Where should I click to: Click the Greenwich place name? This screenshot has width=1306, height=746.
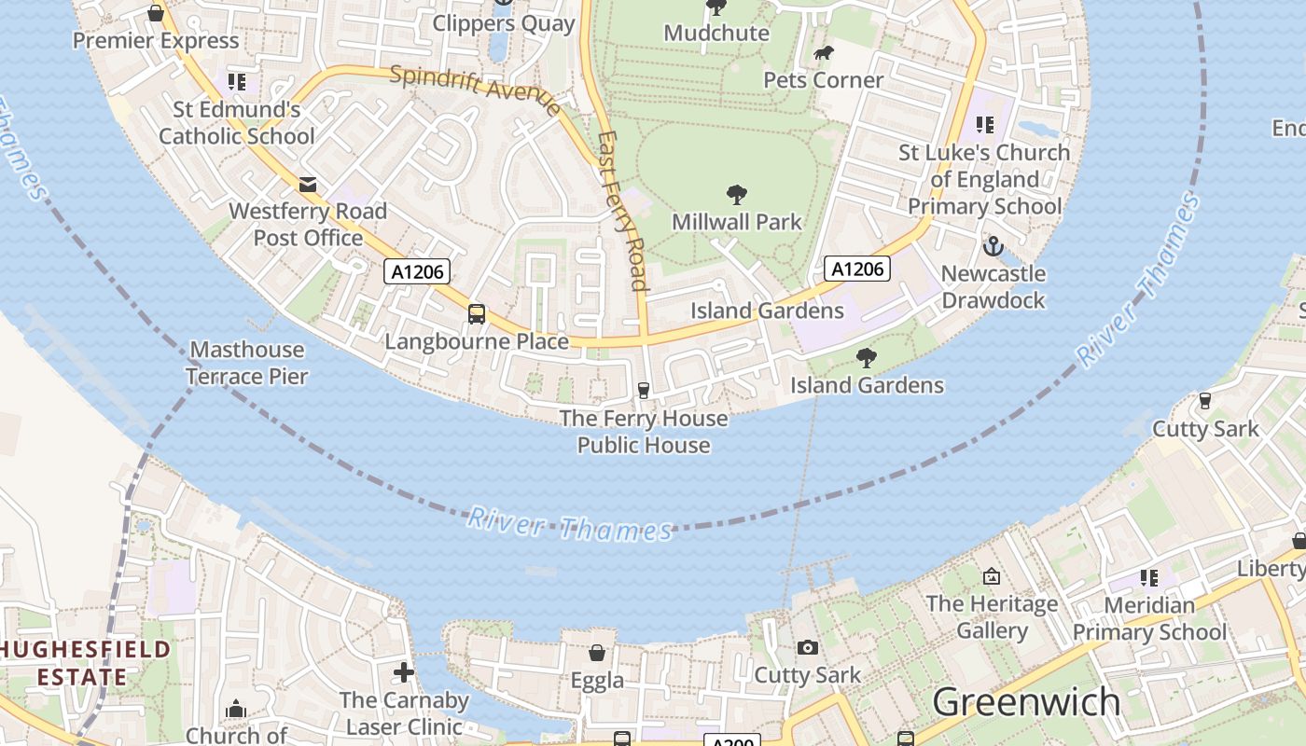1026,701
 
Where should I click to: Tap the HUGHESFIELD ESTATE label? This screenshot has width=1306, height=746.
85,663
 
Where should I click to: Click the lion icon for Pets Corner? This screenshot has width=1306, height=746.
823,53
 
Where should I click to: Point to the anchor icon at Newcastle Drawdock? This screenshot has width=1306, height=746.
993,246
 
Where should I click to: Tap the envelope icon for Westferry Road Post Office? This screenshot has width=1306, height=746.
308,185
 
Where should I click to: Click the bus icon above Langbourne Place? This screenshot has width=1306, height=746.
477,313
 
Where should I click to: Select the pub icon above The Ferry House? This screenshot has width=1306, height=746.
643,390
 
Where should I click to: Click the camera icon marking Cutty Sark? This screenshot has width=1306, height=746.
808,647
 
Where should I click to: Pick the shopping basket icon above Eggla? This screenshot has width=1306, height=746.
597,653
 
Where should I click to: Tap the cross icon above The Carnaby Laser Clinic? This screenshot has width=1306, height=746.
404,671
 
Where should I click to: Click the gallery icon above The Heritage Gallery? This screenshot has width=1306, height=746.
992,576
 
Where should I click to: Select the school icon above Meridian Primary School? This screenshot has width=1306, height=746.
1149,578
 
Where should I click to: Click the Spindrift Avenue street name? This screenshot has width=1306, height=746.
476,90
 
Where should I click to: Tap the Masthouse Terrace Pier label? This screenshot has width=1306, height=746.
246,363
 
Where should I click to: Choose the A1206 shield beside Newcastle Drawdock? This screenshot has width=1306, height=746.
857,269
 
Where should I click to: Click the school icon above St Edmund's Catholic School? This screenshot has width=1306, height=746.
237,82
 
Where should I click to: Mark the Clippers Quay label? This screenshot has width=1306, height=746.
504,23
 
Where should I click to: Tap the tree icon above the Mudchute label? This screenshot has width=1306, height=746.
716,7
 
